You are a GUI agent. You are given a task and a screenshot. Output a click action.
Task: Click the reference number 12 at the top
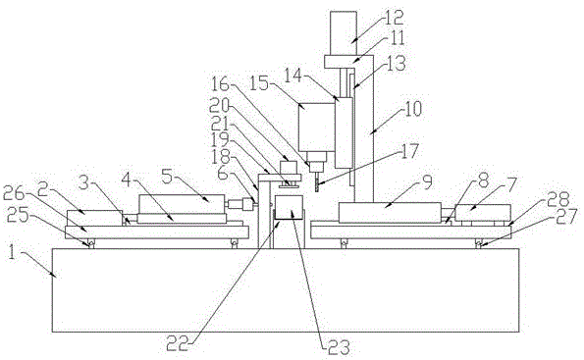(393, 17)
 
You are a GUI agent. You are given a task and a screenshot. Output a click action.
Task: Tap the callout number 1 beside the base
(12, 254)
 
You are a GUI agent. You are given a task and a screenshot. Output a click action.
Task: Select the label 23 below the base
(339, 348)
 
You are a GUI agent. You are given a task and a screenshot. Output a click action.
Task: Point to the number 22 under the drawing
(177, 344)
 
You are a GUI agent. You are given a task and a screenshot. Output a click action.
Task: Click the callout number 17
(408, 152)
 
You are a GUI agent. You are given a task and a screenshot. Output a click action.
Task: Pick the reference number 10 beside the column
(411, 108)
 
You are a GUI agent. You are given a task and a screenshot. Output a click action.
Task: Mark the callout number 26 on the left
(14, 193)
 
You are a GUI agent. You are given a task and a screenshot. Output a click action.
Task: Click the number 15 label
(258, 83)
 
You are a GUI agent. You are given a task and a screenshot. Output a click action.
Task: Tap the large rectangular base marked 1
(286, 290)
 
